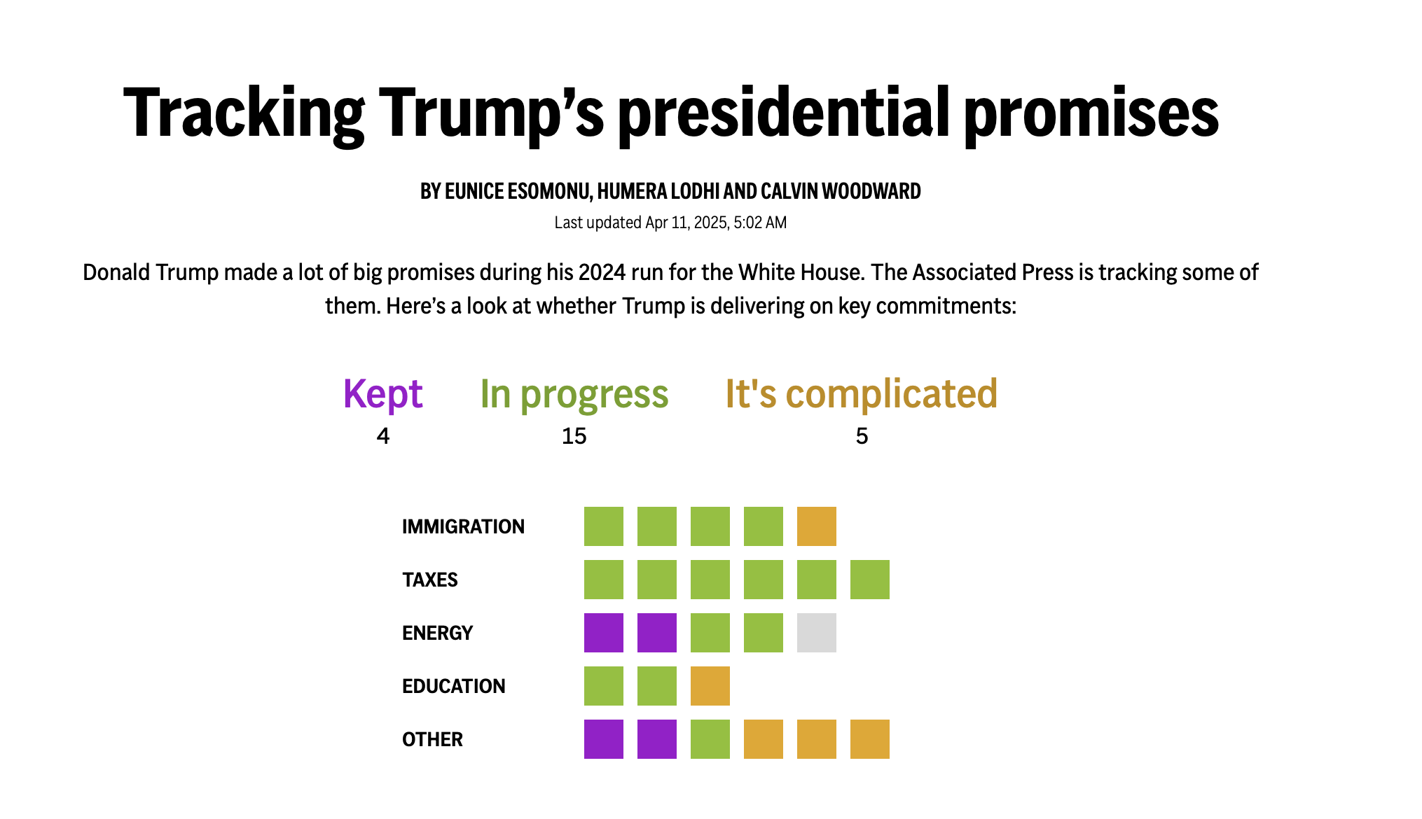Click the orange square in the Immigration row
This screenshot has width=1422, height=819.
coord(816,526)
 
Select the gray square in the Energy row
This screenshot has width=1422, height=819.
coord(816,633)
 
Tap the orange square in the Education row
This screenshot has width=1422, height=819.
coord(710,686)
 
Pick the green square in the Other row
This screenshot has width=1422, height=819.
coord(710,739)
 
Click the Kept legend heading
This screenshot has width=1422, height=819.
coord(382,394)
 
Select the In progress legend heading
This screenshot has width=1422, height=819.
coord(574,394)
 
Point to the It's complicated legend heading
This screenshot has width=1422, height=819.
coord(861,394)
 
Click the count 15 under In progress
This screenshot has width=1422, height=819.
coord(574,436)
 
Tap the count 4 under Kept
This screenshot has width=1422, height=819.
coord(382,436)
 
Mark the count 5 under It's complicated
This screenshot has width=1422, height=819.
coord(862,436)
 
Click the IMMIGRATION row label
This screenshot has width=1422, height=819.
coord(463,526)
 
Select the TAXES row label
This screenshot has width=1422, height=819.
coord(429,580)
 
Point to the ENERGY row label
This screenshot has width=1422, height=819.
coord(437,633)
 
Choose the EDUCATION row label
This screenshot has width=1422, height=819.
coord(453,686)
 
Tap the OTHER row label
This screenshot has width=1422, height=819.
coord(432,739)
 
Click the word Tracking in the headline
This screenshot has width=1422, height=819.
coord(244,113)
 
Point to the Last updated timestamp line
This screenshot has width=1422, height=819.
coord(670,223)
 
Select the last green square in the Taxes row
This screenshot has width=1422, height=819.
coord(869,580)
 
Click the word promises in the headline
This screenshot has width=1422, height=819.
coord(1091,113)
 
